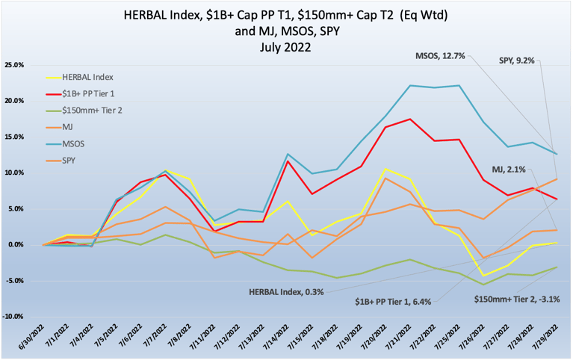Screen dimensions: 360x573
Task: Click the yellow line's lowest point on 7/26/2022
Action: pyautogui.click(x=486, y=276)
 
